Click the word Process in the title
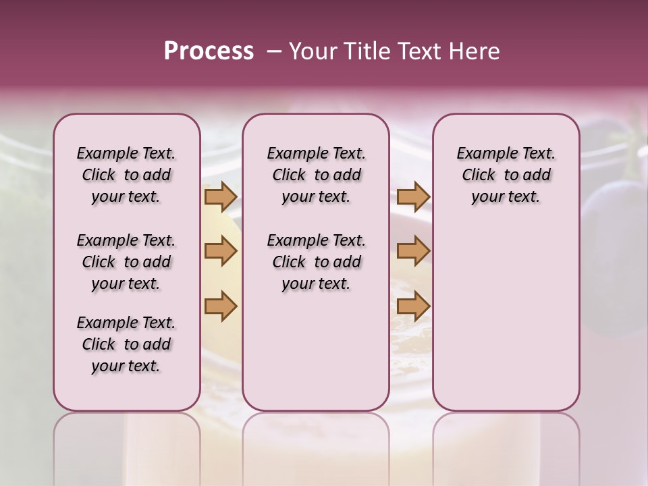click(x=209, y=51)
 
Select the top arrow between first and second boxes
click(x=221, y=196)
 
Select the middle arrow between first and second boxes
click(x=221, y=251)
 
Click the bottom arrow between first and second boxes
click(x=221, y=306)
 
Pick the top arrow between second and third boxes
click(x=413, y=196)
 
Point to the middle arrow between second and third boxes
click(x=413, y=251)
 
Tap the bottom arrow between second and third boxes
click(x=413, y=306)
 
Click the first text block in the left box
click(x=126, y=175)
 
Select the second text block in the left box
click(x=126, y=262)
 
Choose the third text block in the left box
click(x=126, y=344)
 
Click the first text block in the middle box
click(x=316, y=175)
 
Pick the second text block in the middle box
click(x=316, y=262)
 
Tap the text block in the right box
click(x=506, y=175)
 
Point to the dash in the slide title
click(x=274, y=51)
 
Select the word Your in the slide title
click(x=313, y=51)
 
